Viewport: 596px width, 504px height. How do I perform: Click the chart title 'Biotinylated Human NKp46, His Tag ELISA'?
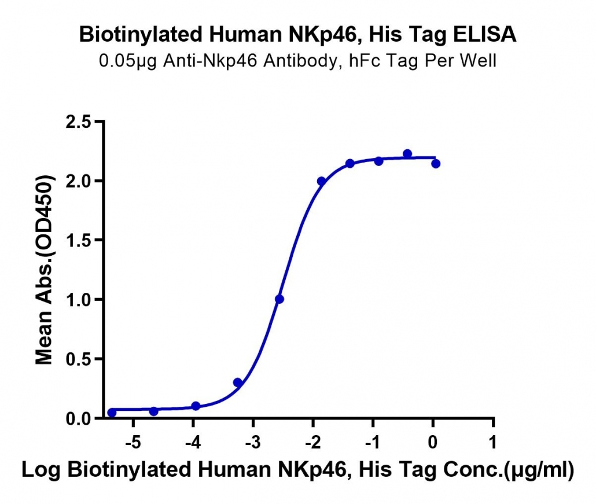[x=297, y=35]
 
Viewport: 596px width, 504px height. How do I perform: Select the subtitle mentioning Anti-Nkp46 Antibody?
[x=297, y=61]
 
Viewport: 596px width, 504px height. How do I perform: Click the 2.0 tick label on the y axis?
[x=78, y=181]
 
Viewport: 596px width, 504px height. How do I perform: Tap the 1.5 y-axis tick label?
[x=78, y=241]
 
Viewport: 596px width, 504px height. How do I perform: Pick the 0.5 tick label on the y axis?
[x=78, y=359]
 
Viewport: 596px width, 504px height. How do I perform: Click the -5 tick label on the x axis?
[x=134, y=443]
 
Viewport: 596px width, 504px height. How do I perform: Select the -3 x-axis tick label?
[x=253, y=443]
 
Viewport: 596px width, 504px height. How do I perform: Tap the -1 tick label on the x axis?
[x=373, y=443]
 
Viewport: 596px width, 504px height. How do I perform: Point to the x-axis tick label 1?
[x=493, y=443]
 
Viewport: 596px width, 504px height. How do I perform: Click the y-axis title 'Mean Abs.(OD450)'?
[x=45, y=270]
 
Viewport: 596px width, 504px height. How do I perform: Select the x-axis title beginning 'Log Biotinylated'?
[x=297, y=470]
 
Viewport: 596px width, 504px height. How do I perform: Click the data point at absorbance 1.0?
[x=279, y=299]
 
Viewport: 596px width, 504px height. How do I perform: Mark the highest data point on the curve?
[x=407, y=154]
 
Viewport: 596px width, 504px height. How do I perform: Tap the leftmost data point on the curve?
[x=112, y=413]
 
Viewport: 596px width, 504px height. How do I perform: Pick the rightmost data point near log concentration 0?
[x=436, y=164]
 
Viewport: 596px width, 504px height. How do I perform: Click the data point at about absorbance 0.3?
[x=238, y=382]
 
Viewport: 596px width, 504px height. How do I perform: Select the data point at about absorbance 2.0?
[x=321, y=181]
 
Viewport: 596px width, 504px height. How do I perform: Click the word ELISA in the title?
[x=485, y=35]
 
